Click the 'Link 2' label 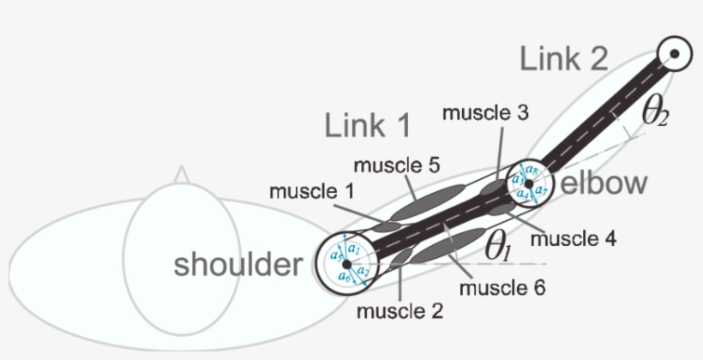click(563, 60)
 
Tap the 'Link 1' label click(368, 125)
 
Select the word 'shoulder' click(237, 264)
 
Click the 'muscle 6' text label click(502, 287)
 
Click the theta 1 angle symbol click(498, 247)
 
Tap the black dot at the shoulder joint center click(346, 263)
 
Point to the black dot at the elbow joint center click(529, 183)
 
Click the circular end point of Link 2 click(676, 55)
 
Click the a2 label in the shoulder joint click(364, 272)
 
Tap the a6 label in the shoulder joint click(343, 277)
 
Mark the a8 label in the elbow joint click(532, 171)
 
